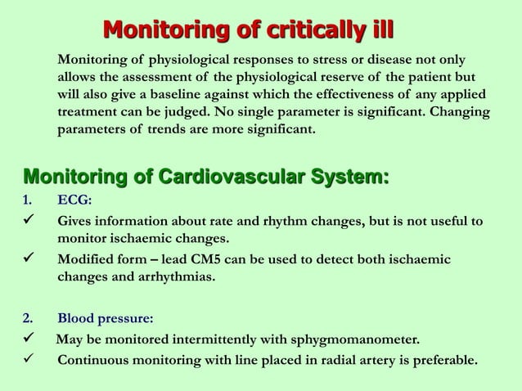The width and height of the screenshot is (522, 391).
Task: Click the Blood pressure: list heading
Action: click(x=105, y=318)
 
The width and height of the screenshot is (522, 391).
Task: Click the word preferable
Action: click(x=438, y=360)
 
